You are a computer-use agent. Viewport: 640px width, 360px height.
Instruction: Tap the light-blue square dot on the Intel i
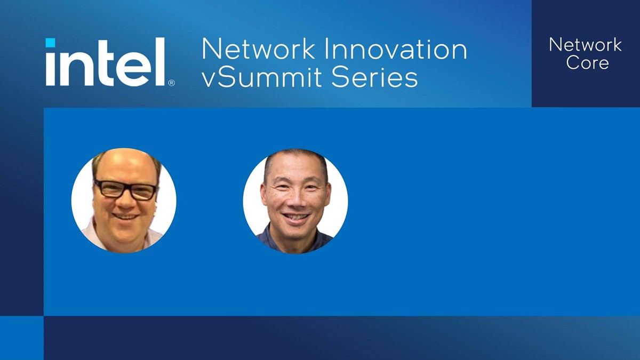coord(50,43)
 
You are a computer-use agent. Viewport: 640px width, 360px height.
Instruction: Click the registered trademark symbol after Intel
coord(171,83)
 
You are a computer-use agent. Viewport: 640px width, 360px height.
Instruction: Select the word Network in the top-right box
coord(585,45)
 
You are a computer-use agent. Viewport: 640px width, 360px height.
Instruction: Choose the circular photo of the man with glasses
coord(124,201)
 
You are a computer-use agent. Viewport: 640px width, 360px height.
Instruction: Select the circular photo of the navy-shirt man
coord(295,201)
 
